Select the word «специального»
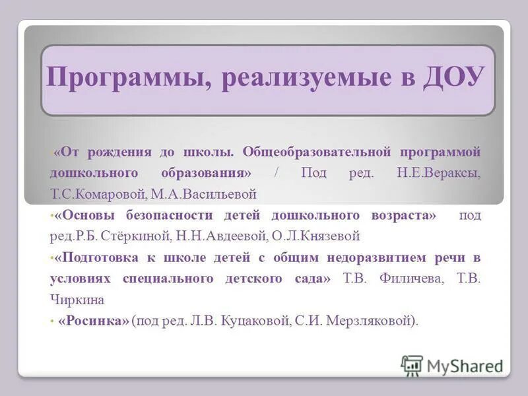(x=168, y=278)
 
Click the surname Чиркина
(x=77, y=299)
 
